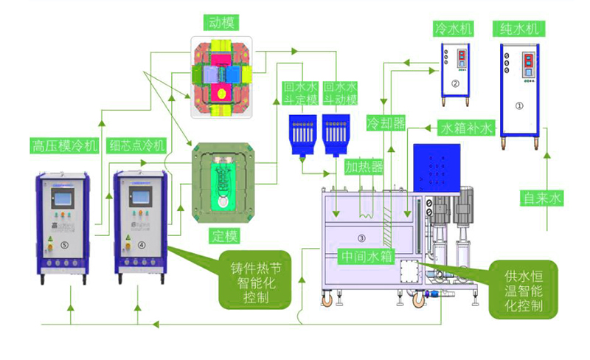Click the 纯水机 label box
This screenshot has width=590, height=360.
(x=521, y=29)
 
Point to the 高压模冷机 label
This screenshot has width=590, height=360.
(x=65, y=145)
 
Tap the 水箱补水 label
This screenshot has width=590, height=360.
(x=467, y=128)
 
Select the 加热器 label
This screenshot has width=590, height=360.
(x=364, y=167)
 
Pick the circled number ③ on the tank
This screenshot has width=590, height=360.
(x=361, y=238)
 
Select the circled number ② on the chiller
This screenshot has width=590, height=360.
(x=455, y=84)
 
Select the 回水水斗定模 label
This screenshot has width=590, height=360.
(x=301, y=92)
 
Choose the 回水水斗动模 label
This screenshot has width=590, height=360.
(x=341, y=92)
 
